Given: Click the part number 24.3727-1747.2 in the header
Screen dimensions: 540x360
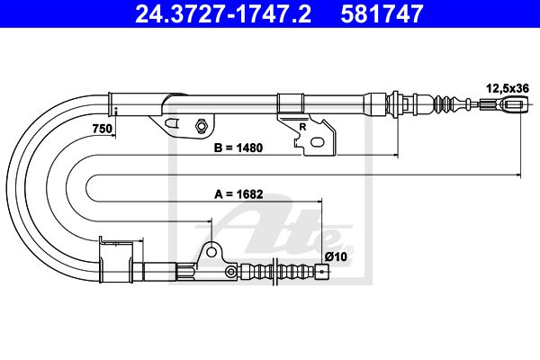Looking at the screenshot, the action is [223, 13].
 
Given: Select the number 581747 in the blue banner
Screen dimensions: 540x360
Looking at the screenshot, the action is [382, 13].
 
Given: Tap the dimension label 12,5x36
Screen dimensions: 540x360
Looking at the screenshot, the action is [508, 88].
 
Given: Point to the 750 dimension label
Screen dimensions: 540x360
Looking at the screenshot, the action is [103, 129].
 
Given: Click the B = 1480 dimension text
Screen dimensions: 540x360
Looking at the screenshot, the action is [238, 148].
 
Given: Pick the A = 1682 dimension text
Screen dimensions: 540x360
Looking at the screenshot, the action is [238, 194].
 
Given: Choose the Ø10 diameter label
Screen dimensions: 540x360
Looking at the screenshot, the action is [336, 256].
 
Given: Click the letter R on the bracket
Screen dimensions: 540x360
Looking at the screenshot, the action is [302, 127].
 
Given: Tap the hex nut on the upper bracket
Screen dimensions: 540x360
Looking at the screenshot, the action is [201, 125].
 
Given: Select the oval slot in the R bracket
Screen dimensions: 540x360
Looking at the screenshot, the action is [317, 142].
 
